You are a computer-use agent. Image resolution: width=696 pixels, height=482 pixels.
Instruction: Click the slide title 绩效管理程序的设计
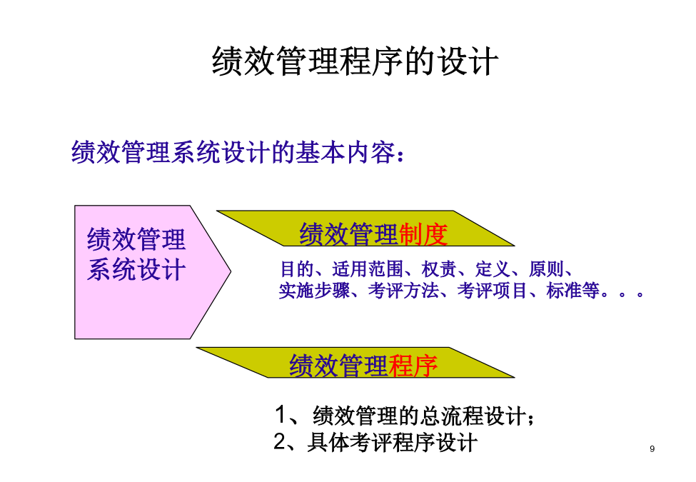(355, 61)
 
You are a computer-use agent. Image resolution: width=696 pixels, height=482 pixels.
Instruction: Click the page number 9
(652, 448)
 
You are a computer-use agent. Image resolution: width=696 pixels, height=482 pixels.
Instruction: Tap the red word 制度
(423, 234)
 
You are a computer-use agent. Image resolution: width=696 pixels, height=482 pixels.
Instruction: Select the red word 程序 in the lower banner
(413, 366)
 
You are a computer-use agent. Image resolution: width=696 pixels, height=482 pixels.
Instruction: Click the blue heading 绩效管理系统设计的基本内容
(233, 152)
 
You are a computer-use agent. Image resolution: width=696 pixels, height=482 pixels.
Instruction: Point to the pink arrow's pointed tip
(231, 271)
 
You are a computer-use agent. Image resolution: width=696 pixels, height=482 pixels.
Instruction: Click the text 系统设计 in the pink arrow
(136, 269)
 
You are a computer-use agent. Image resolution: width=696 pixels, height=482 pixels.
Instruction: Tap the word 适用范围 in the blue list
(368, 269)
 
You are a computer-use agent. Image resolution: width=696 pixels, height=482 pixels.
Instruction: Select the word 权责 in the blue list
(438, 269)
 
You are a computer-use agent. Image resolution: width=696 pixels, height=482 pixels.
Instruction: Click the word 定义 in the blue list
(493, 269)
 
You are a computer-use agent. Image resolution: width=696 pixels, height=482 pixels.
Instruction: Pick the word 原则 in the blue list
(546, 269)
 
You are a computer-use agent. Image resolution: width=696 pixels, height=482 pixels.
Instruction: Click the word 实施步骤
(314, 291)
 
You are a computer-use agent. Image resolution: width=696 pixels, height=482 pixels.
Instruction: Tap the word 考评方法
(403, 291)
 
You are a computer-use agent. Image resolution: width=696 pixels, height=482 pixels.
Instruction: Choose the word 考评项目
(493, 291)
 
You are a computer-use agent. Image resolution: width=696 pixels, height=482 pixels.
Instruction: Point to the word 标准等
(573, 291)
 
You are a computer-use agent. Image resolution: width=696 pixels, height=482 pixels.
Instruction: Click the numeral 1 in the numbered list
(281, 415)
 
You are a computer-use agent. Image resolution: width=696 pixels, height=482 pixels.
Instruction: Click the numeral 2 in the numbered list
(280, 441)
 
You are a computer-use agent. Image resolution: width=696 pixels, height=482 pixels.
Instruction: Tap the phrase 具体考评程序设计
(393, 443)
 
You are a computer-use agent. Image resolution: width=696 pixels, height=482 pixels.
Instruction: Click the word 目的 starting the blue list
(297, 269)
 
